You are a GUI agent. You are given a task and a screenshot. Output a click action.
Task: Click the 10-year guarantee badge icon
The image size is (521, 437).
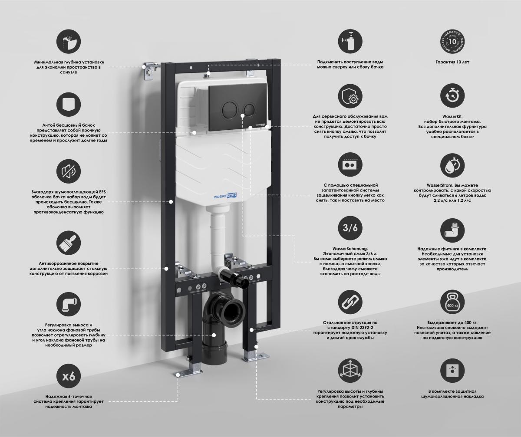452,41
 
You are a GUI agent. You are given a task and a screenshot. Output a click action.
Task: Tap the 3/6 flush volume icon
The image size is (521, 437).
350,228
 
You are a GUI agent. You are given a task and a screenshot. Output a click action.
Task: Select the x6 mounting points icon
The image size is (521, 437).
69,376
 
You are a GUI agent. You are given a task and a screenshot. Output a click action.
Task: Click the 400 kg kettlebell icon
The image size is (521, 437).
452,302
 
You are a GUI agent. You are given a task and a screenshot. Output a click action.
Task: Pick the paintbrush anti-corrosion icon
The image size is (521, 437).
69,243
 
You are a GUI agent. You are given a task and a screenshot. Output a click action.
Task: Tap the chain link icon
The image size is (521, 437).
350,302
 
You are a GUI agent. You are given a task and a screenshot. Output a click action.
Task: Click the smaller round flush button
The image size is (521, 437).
249,109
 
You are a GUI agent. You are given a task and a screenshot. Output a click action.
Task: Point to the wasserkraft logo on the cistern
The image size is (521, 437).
225,196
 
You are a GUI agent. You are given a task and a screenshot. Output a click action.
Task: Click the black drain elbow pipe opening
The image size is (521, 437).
233,312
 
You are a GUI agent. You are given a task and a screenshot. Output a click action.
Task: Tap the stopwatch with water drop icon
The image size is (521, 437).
452,165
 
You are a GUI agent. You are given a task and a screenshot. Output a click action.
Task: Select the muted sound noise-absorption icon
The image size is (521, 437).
69,171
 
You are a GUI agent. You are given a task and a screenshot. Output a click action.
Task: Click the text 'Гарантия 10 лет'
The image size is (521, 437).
452,62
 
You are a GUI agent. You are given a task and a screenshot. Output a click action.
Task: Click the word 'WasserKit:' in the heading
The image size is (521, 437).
452,116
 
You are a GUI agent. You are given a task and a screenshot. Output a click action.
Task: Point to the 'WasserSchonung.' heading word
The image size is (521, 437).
350,249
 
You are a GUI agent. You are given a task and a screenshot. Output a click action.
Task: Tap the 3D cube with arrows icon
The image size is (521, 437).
350,371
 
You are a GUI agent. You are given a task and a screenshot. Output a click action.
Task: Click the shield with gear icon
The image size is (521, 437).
350,96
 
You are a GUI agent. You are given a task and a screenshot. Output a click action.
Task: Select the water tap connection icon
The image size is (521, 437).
350,41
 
